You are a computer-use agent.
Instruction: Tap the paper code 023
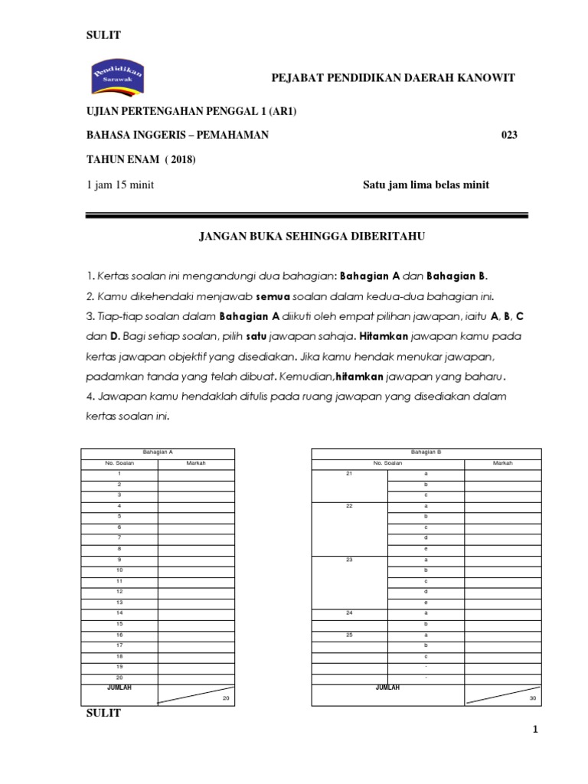coord(509,136)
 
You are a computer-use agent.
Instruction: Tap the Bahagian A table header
coord(158,452)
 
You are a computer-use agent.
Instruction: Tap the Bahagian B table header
coord(426,452)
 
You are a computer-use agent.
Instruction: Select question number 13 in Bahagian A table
coord(119,603)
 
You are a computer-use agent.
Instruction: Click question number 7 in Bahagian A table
coord(119,538)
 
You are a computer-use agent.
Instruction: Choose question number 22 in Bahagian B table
coord(349,506)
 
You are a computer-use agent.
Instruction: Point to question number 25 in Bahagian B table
coord(349,635)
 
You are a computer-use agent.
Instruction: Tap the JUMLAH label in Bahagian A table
coord(119,688)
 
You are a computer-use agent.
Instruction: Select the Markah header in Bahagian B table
coord(503,463)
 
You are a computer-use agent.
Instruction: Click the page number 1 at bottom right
coord(537,730)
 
